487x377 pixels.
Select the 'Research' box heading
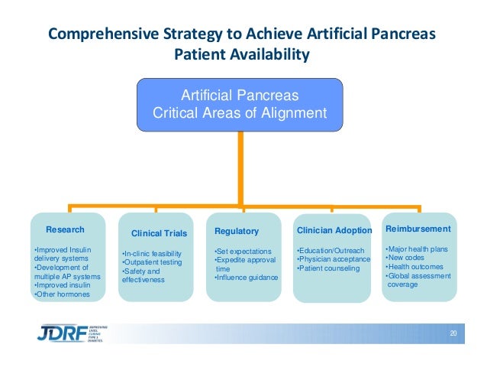[66, 229]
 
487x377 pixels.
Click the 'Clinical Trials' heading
[159, 232]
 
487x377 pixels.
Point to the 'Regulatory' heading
[237, 231]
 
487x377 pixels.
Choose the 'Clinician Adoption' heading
[334, 231]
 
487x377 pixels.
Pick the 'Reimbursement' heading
[418, 229]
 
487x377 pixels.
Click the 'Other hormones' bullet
[63, 294]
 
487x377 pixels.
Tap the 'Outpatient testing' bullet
[152, 262]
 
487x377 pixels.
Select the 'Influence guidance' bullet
[247, 277]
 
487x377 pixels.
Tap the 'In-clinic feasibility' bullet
[154, 253]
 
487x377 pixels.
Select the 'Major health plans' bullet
[417, 249]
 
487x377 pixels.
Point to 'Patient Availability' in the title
[243, 55]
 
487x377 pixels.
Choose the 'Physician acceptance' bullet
[333, 259]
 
